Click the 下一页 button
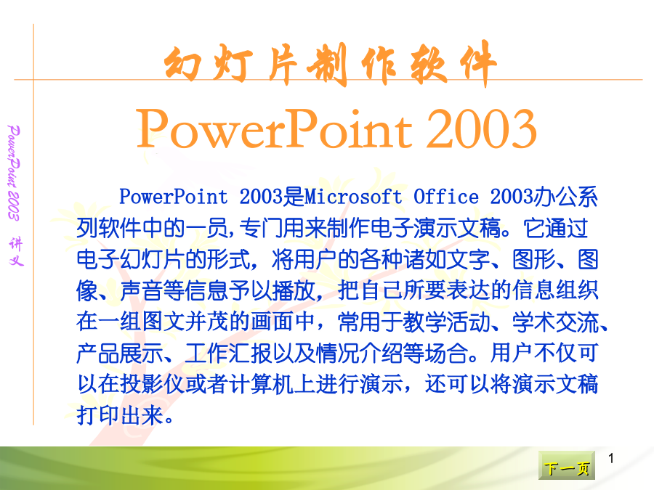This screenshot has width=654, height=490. pos(566,465)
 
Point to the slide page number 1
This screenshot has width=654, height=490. pos(610,458)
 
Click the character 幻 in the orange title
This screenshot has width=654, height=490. pos(182,63)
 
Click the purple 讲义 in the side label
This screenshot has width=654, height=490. pos(16,251)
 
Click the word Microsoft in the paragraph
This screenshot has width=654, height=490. pos(353,197)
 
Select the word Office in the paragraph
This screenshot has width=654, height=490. pos(446,197)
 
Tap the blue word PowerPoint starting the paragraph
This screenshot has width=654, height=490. pos(174,197)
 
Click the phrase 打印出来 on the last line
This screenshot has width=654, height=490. pos(120,415)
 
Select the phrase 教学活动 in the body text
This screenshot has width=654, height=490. pos(447,322)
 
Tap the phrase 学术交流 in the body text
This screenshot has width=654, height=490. pos(556,322)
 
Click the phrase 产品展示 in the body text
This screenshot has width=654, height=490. pos(120,353)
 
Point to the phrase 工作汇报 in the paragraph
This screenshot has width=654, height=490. pos(229,353)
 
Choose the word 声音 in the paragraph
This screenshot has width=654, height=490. pos(142,290)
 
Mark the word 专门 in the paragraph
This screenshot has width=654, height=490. pos(261,228)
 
